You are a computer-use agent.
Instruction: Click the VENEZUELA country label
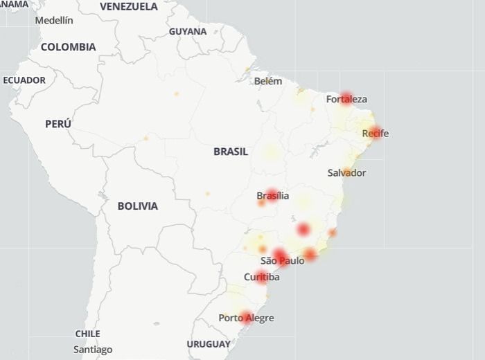(x=128, y=7)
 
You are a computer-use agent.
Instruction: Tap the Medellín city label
(x=53, y=20)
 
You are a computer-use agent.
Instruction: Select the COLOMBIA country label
(x=68, y=47)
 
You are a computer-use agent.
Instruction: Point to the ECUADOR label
(x=24, y=80)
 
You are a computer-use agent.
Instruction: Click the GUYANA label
(x=188, y=32)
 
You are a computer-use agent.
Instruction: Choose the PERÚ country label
(x=58, y=124)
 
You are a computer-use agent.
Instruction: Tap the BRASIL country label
(x=231, y=152)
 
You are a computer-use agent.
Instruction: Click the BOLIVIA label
(x=137, y=206)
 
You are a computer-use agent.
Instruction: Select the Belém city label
(x=268, y=81)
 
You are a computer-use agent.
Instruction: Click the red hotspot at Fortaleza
(x=346, y=98)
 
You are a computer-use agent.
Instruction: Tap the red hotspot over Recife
(x=375, y=131)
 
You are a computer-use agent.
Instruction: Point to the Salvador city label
(x=346, y=173)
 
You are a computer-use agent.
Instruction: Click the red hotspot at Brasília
(x=272, y=195)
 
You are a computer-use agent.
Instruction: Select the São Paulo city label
(x=283, y=261)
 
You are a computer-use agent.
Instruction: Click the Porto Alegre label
(x=246, y=318)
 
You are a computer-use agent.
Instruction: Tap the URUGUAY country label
(x=209, y=344)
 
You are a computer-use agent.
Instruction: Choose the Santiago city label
(x=93, y=350)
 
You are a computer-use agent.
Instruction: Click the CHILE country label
(x=88, y=334)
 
